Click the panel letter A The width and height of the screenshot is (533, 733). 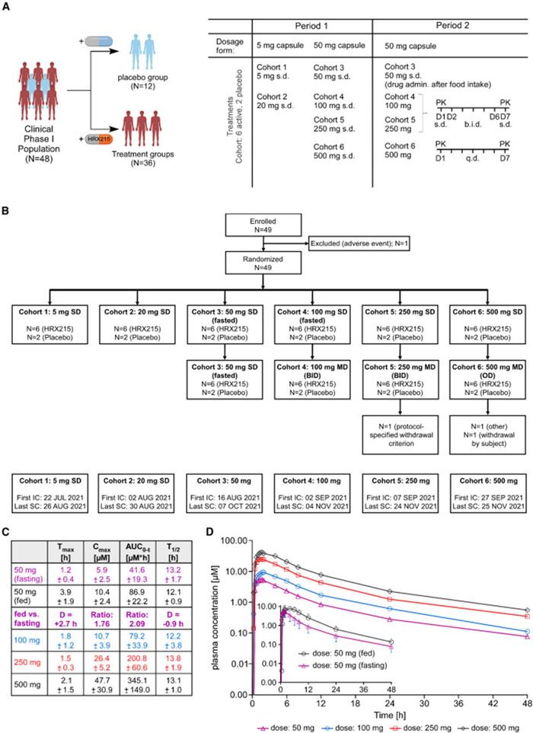(x=6, y=6)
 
